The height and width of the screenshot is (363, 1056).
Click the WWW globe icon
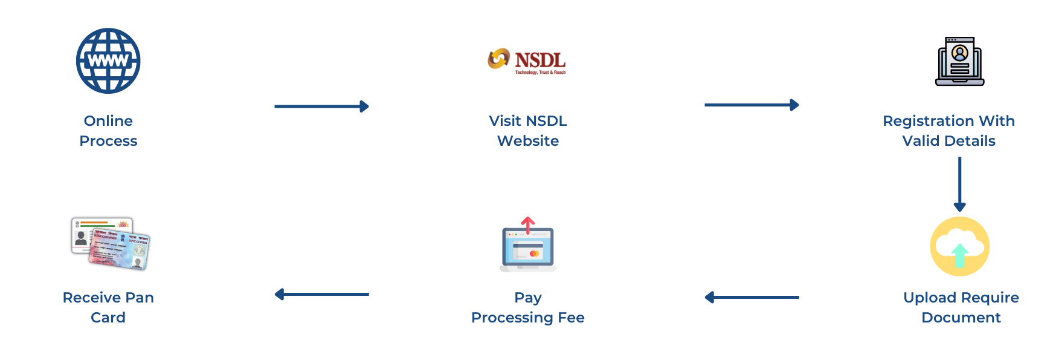108,60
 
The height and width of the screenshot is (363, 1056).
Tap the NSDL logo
527,61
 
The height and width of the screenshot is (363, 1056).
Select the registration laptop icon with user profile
959,61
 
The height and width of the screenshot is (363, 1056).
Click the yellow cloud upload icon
959,246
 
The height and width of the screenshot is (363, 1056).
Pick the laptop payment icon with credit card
528,248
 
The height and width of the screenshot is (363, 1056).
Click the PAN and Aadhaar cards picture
111,244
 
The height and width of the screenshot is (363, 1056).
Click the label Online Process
108,131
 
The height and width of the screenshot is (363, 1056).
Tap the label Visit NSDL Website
528,131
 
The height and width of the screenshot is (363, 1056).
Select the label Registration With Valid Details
948,131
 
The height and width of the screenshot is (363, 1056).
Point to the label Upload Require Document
961,307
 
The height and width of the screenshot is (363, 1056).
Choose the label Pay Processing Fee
528,307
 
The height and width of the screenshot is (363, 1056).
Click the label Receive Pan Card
108,307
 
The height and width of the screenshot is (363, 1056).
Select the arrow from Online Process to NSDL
321,106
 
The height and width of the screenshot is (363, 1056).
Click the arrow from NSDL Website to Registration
752,105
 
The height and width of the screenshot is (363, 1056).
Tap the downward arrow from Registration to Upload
959,184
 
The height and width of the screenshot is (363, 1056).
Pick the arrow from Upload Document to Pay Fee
752,297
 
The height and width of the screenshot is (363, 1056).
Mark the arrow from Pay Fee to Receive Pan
321,294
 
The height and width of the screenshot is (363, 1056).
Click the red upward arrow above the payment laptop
528,224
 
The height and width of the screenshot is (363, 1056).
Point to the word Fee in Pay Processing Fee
571,318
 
